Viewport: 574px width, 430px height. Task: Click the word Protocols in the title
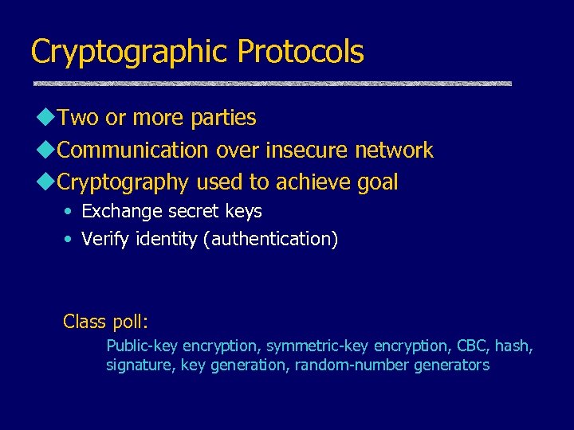[x=301, y=53]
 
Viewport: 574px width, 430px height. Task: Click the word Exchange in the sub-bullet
[x=116, y=212]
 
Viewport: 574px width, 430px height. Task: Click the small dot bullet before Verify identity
[x=69, y=239]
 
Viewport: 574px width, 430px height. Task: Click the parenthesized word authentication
[x=270, y=239]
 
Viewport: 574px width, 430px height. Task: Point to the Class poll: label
[x=106, y=322]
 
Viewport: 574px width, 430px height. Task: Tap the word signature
[x=140, y=365]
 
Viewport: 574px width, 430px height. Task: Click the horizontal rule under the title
[x=272, y=84]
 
